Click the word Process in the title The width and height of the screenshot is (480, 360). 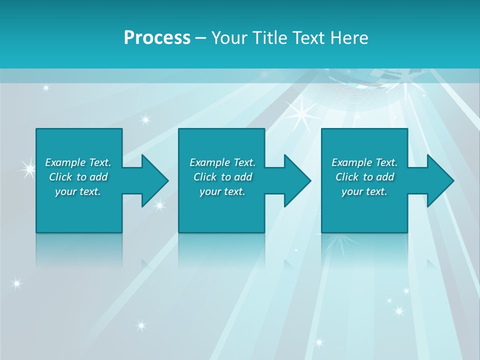tap(157, 38)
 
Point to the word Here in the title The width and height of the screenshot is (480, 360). tap(349, 38)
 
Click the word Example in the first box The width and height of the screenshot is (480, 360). tap(65, 162)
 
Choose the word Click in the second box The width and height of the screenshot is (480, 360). tap(205, 177)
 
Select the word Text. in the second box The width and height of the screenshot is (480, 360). tap(244, 162)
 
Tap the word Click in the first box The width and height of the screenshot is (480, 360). tap(60, 177)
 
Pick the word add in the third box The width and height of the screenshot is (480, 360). tap(385, 177)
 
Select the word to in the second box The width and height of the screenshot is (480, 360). tap(226, 177)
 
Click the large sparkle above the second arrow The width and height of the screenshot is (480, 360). tap(301, 114)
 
